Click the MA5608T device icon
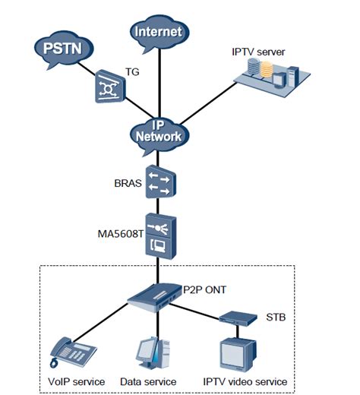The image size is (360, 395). tap(160, 236)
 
